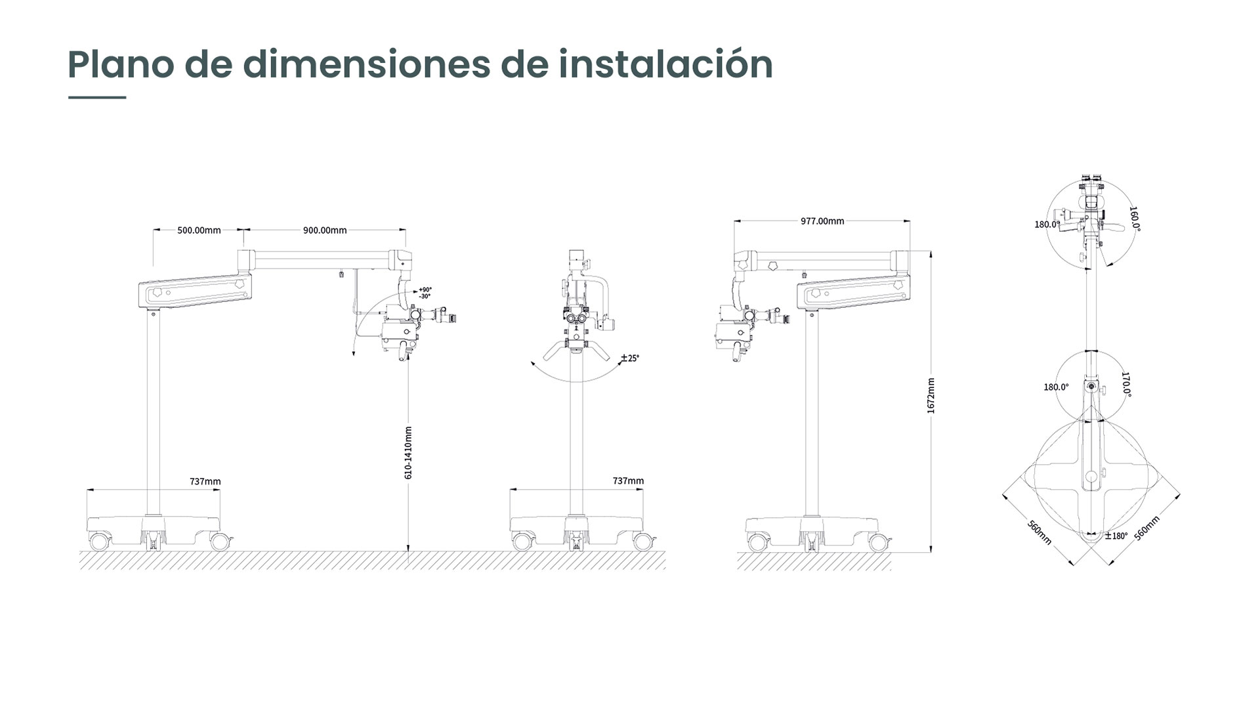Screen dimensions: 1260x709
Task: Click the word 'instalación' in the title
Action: point(665,64)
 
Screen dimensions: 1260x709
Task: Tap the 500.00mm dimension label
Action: point(199,230)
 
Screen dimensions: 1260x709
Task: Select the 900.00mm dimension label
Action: point(325,230)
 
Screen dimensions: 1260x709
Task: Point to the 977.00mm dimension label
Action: point(822,221)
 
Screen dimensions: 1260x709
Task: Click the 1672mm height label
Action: point(931,395)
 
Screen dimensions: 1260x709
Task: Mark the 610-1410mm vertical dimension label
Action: point(408,452)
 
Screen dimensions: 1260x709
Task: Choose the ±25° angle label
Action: point(630,358)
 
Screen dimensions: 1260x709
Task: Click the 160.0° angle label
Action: point(1134,219)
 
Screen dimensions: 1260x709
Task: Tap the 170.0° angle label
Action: point(1126,385)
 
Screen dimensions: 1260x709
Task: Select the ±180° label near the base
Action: point(1116,536)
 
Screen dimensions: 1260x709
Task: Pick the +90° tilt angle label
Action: point(425,290)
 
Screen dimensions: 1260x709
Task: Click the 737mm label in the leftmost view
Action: point(205,481)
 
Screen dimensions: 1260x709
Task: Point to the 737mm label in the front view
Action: point(628,481)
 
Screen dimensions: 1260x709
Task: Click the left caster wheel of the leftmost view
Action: point(99,542)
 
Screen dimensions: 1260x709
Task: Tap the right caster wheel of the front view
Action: point(643,542)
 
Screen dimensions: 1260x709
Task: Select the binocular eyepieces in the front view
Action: point(577,318)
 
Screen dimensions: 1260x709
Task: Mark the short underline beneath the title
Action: point(97,98)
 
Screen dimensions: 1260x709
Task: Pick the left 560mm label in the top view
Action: point(1039,532)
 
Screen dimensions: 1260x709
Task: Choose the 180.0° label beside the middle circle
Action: point(1056,387)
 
